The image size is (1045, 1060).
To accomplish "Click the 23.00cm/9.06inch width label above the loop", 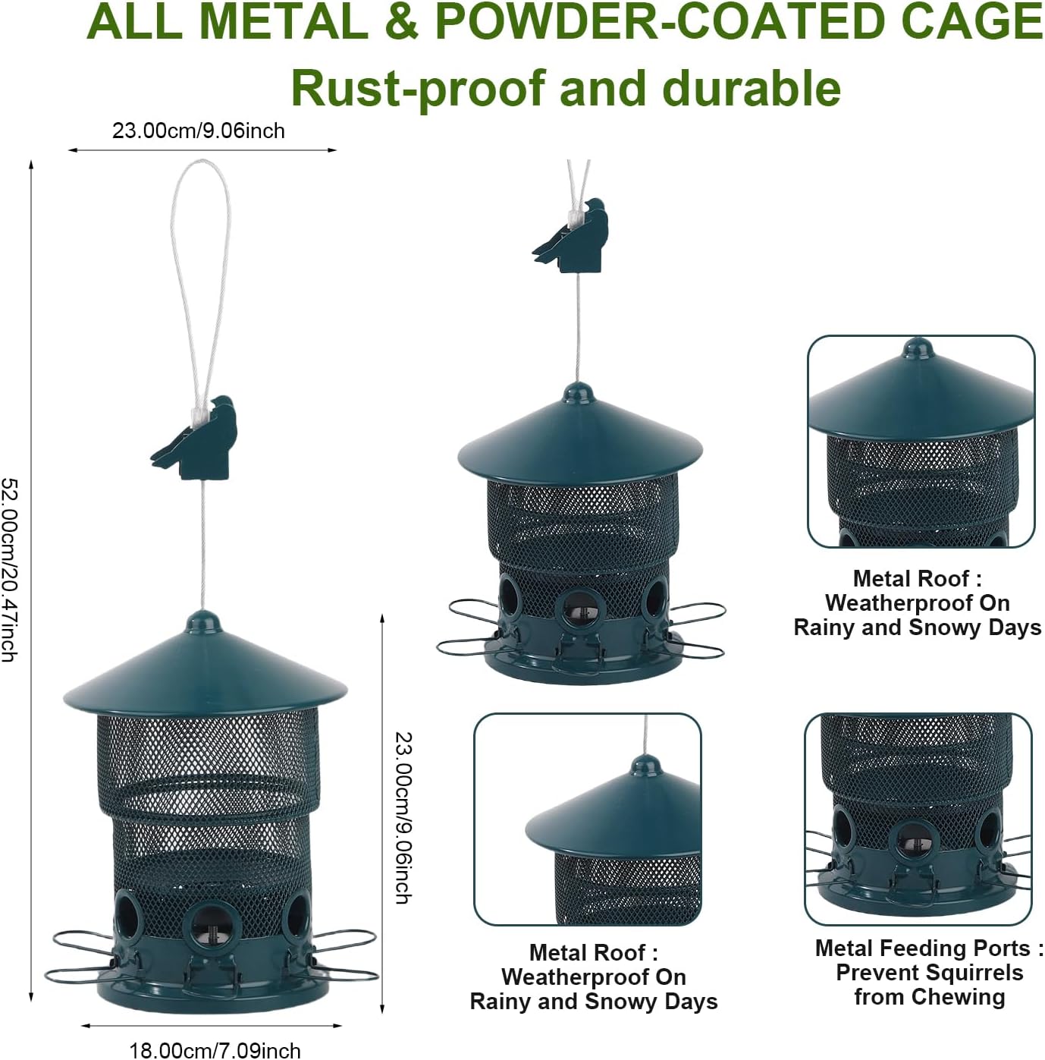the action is [x=199, y=131].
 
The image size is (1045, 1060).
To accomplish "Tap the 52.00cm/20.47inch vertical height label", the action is [x=9, y=569].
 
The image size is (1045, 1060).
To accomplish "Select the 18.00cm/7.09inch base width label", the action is [x=215, y=1050].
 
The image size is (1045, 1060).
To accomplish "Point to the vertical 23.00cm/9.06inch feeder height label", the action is [x=404, y=817].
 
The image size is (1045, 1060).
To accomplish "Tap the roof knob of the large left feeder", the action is [x=203, y=621].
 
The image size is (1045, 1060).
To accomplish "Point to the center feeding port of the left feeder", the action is [x=211, y=926].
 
